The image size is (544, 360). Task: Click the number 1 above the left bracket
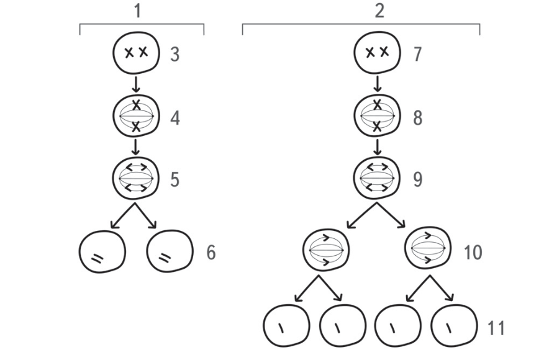(x=138, y=11)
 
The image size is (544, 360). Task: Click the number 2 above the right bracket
(x=379, y=11)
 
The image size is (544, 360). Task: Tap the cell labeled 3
(x=136, y=53)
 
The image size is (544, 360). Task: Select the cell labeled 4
(x=136, y=116)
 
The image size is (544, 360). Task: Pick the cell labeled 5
(x=135, y=178)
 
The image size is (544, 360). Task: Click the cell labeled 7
(x=377, y=53)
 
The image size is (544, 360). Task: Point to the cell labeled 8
(x=377, y=115)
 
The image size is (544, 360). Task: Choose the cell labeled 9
(x=377, y=178)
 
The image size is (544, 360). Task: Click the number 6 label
(x=211, y=253)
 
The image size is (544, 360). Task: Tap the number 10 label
(x=473, y=253)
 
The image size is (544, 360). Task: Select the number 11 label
(x=496, y=328)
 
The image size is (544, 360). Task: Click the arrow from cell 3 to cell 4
(x=135, y=84)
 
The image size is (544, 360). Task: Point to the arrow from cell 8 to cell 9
(x=377, y=147)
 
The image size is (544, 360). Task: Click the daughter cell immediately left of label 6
(x=170, y=251)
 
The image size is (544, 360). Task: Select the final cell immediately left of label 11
(x=454, y=326)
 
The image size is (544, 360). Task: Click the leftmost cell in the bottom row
(x=286, y=326)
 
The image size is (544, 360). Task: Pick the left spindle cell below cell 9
(x=326, y=250)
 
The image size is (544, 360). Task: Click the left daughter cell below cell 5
(x=102, y=251)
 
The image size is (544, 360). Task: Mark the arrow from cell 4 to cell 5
(x=135, y=147)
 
